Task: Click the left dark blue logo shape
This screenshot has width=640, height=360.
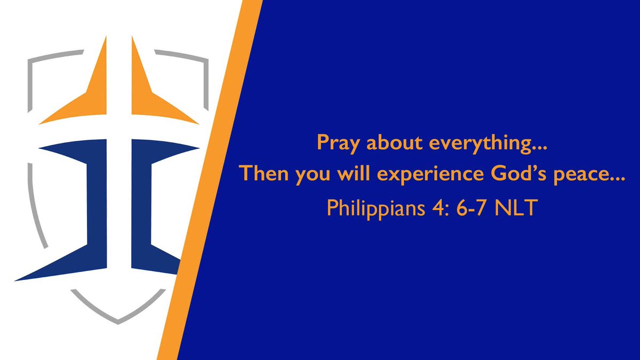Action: pos(80,213)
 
